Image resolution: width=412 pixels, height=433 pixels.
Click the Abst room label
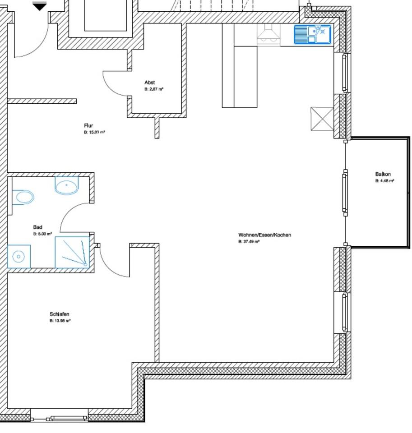(149, 82)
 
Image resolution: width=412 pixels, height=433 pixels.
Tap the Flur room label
(88, 125)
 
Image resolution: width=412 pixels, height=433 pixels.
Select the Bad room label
(37, 227)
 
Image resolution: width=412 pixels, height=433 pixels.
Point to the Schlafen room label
(60, 314)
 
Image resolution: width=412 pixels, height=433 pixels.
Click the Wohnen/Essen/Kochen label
(265, 235)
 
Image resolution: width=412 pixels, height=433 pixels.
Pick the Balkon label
(383, 174)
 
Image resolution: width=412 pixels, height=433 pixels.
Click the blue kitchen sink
(313, 34)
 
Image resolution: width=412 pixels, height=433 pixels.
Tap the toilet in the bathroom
(23, 197)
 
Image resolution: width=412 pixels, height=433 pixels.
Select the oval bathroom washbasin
(67, 185)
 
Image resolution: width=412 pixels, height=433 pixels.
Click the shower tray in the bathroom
(72, 252)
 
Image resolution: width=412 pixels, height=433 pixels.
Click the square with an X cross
(322, 119)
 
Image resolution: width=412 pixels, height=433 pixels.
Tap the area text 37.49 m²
(249, 242)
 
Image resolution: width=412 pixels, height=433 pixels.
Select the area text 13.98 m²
(60, 321)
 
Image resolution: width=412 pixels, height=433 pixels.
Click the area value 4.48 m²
(384, 181)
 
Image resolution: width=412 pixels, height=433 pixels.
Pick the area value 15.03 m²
(94, 132)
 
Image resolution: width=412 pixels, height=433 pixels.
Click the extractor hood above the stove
(268, 34)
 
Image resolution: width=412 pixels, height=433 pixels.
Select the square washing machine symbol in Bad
(19, 256)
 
